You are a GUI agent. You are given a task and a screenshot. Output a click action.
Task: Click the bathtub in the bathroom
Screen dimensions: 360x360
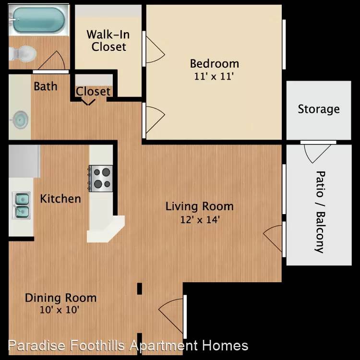point(38,20)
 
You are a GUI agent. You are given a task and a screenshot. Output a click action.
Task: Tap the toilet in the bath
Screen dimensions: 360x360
point(23,54)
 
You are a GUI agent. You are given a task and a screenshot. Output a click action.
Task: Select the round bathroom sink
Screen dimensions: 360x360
point(20,120)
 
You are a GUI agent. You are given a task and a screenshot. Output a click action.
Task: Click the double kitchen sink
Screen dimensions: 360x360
point(21,205)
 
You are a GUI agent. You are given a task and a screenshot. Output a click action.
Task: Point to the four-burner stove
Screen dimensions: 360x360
point(101,179)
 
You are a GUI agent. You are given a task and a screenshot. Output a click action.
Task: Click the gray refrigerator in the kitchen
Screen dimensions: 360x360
point(24,161)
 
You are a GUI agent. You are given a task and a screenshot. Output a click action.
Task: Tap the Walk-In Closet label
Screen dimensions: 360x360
point(108,41)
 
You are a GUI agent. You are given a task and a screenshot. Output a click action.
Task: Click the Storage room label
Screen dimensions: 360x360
point(319,109)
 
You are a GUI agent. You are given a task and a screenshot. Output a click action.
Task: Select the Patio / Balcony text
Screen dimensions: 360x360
point(320,212)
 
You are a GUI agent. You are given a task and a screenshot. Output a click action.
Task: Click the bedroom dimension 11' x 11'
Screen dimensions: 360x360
point(214,76)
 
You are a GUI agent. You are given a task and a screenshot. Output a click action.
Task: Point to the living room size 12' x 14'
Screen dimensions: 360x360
point(200,220)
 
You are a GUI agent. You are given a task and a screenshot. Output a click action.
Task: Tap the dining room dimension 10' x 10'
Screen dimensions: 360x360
point(60,310)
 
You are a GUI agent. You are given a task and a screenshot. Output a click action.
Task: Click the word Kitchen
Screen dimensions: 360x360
point(60,199)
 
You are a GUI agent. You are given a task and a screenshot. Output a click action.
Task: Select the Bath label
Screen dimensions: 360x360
point(46,86)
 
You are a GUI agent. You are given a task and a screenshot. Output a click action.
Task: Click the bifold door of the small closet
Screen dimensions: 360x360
point(88,102)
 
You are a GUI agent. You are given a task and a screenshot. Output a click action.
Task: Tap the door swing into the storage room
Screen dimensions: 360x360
point(318,154)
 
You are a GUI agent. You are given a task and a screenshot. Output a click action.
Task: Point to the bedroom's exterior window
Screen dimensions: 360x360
point(284,44)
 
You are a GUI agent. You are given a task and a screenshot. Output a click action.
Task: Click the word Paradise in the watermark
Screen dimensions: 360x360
point(37,346)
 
